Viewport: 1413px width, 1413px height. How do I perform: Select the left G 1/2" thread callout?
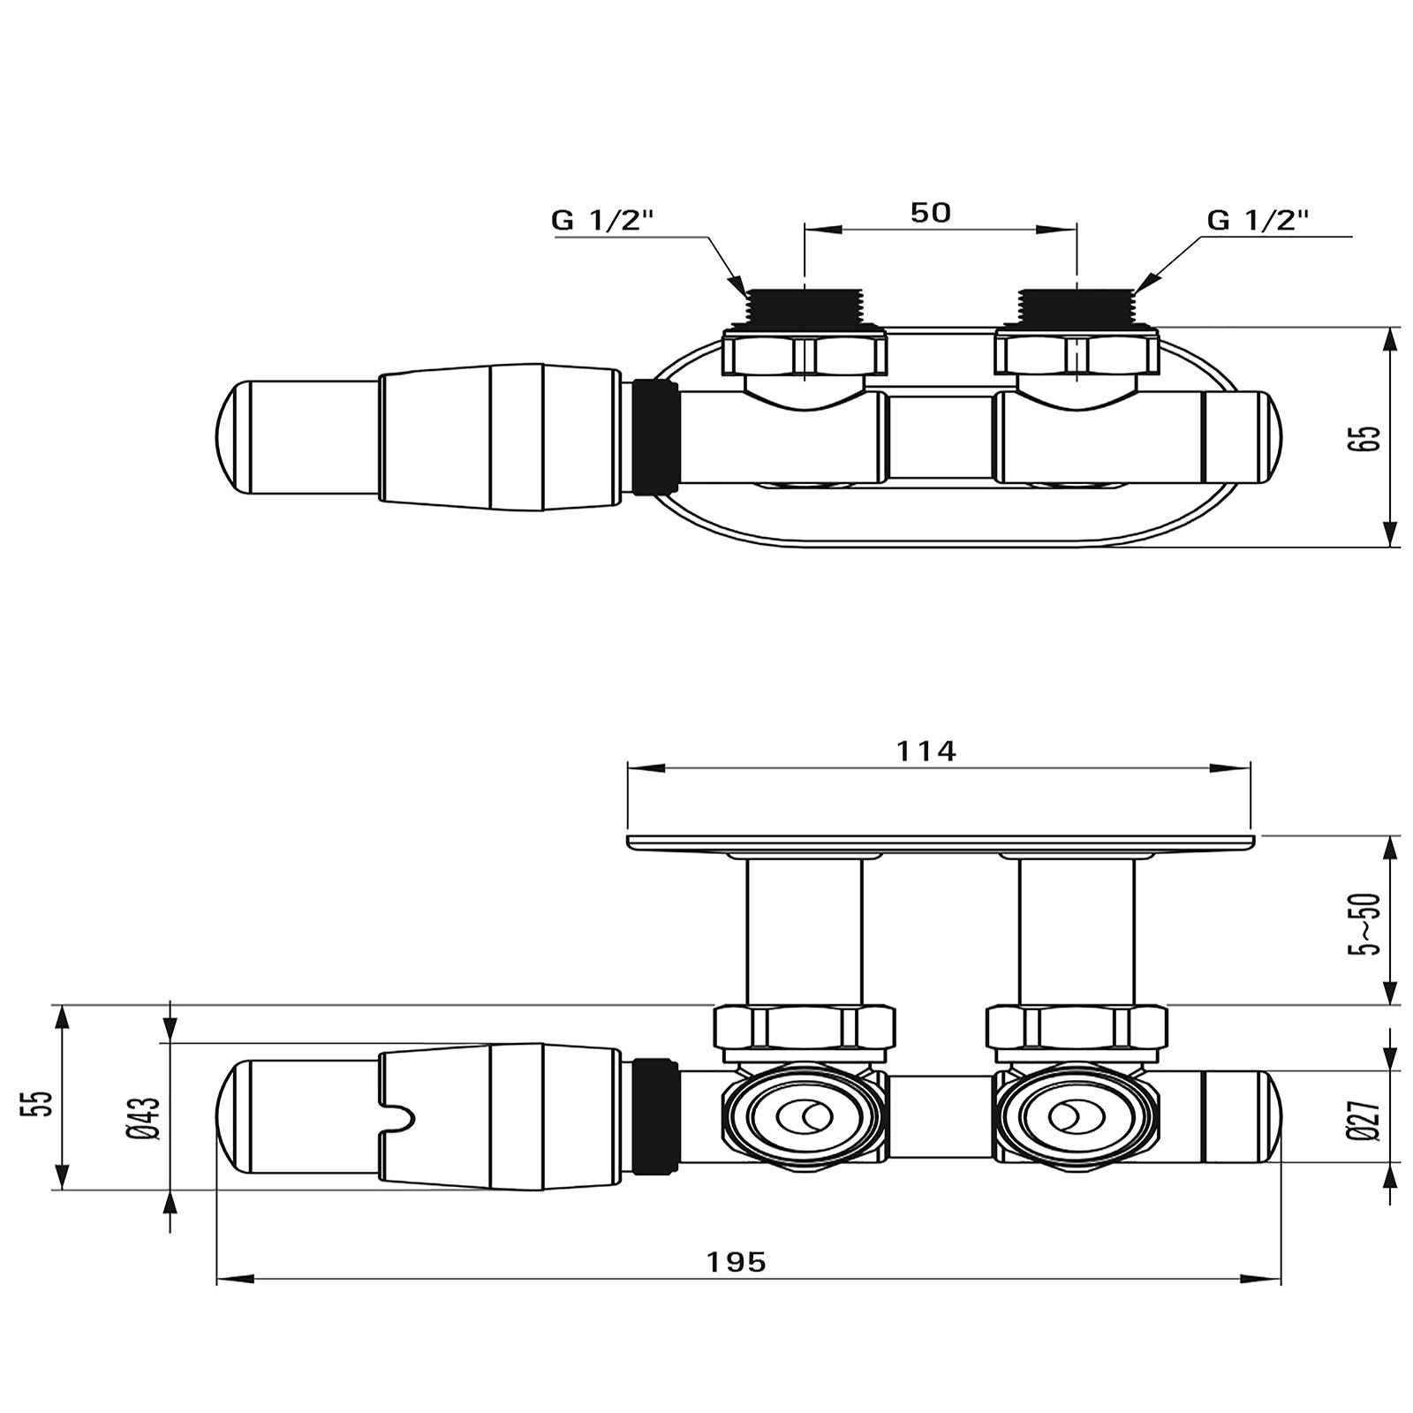602,221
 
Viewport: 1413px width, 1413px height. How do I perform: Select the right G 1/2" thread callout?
1258,221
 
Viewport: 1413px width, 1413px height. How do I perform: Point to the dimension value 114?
926,751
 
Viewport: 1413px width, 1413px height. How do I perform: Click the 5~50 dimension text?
1368,924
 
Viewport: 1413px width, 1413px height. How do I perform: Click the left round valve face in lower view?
804,1117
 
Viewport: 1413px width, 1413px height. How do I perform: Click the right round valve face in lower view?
1074,1117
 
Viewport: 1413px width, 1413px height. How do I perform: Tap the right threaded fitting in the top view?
1077,307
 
